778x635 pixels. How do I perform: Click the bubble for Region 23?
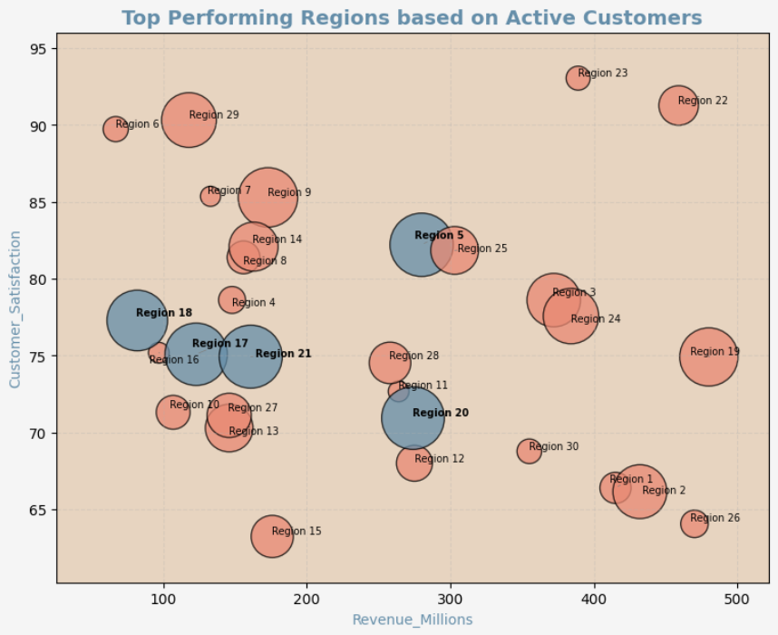point(578,78)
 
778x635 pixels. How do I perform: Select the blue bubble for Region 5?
point(421,244)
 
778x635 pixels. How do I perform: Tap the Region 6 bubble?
point(115,129)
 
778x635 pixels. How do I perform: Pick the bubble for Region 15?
point(272,536)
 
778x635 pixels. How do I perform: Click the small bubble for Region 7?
point(210,195)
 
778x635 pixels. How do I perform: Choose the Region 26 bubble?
point(694,523)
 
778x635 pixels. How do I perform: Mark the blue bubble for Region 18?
point(137,320)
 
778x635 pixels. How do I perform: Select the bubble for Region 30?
point(530,451)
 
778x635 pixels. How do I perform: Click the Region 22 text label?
point(703,101)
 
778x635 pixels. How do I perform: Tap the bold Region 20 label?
point(441,413)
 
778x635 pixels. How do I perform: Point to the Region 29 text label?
point(214,115)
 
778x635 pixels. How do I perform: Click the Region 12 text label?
point(439,459)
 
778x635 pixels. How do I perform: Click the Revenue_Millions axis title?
point(413,620)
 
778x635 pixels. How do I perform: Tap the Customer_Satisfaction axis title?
point(15,309)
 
